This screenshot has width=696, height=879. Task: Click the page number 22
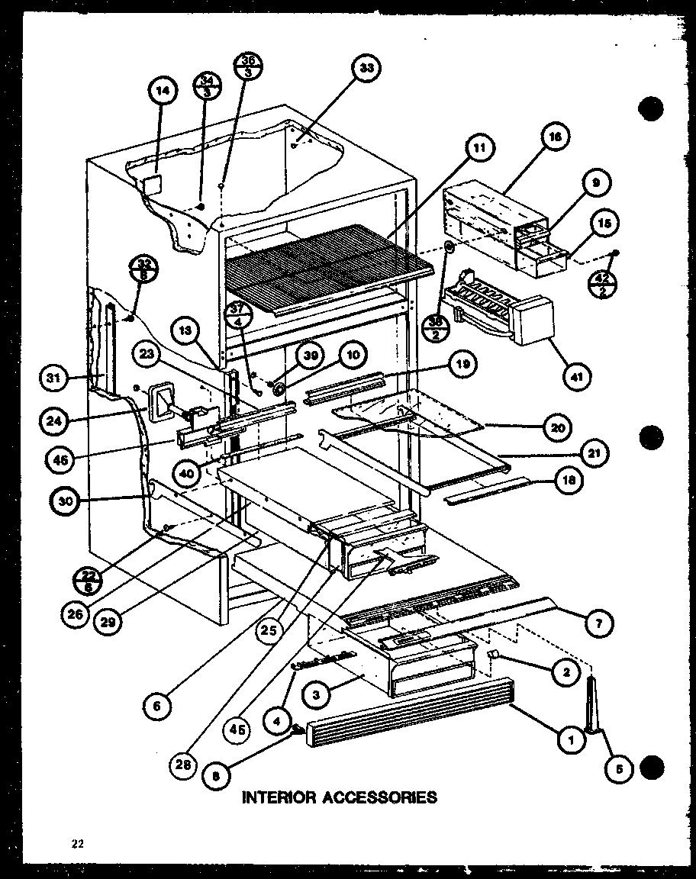[76, 843]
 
